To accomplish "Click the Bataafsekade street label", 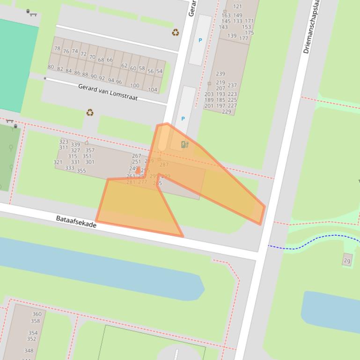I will (x=76, y=222).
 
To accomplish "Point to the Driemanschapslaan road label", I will (x=314, y=28).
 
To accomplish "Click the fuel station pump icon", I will (x=185, y=144).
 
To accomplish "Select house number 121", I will (x=237, y=7).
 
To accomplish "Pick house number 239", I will (x=220, y=73).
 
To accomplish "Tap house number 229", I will (x=227, y=112).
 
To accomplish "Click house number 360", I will (x=37, y=314).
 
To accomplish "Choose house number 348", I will (x=29, y=351).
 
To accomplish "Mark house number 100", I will (x=135, y=86).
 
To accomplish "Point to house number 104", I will (x=153, y=90).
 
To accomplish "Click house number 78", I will (x=57, y=49).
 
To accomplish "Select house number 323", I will (x=64, y=142).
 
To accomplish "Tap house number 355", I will (x=81, y=171).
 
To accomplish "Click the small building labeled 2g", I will (x=347, y=260).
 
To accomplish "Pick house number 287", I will (x=164, y=165).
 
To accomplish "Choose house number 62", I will (x=124, y=66).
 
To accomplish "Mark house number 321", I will (x=58, y=162).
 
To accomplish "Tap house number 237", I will (x=232, y=86).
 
